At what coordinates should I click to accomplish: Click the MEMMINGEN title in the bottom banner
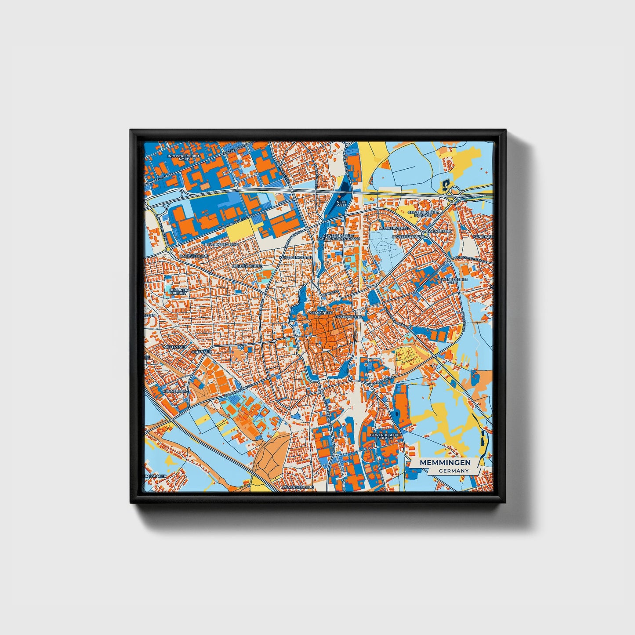pos(445,463)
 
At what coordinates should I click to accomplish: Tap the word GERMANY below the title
pos(453,471)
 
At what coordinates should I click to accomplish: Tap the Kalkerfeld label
pos(440,231)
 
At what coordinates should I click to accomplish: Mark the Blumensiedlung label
pos(221,244)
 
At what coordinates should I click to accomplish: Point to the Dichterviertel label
pos(247,266)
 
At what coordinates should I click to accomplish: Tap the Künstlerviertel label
pos(296,257)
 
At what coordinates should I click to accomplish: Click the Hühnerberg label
pos(175,391)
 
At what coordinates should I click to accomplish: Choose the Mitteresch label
pos(174,347)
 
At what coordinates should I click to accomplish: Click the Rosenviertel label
pos(348,316)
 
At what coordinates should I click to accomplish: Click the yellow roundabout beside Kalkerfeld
pos(425,235)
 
